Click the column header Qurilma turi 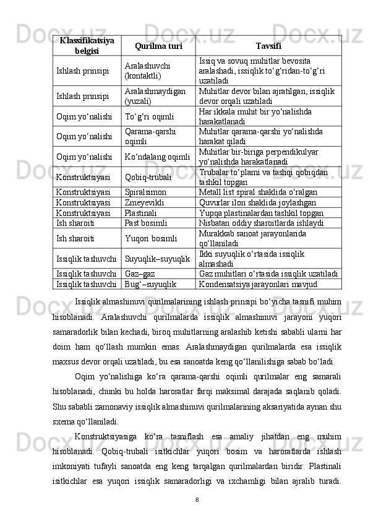158,46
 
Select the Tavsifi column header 268,46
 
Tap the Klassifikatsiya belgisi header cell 87,45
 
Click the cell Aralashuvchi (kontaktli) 146,71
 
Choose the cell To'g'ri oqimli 149,116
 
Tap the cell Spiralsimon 146,192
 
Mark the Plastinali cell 141,212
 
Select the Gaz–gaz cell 140,273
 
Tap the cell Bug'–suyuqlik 151,284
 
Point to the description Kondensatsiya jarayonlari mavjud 259,284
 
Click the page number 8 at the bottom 195,498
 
